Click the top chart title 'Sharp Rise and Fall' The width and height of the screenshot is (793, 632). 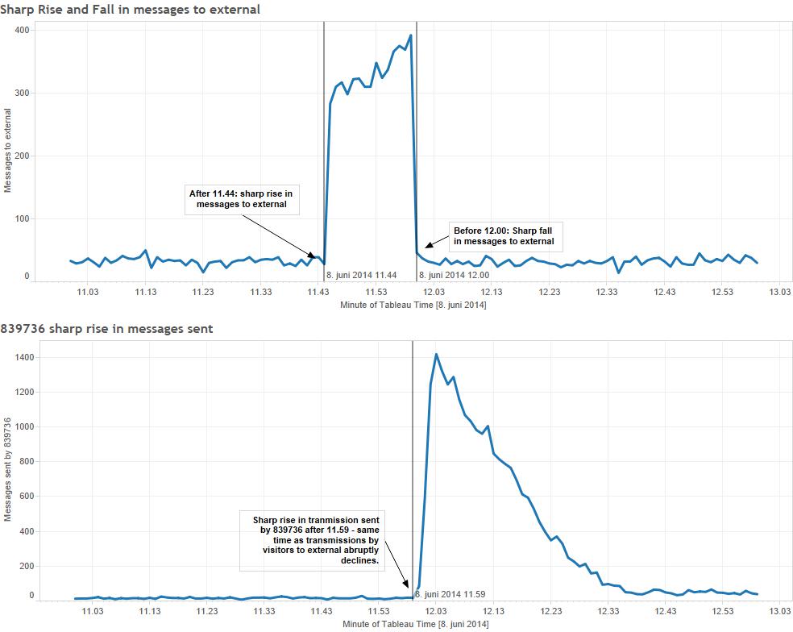tap(130, 10)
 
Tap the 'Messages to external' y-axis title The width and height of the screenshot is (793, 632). tap(8, 153)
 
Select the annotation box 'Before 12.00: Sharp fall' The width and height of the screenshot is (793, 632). tap(504, 235)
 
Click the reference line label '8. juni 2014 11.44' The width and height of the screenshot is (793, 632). tap(361, 275)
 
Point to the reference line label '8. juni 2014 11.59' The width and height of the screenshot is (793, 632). tap(450, 594)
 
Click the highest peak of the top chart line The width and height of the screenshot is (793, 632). tap(411, 35)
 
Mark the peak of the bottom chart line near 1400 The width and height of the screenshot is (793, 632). tap(436, 354)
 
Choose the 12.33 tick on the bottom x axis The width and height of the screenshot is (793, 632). tap(608, 611)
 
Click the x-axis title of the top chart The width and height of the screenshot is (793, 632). tap(413, 306)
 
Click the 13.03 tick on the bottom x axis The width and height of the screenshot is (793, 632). tap(781, 611)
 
